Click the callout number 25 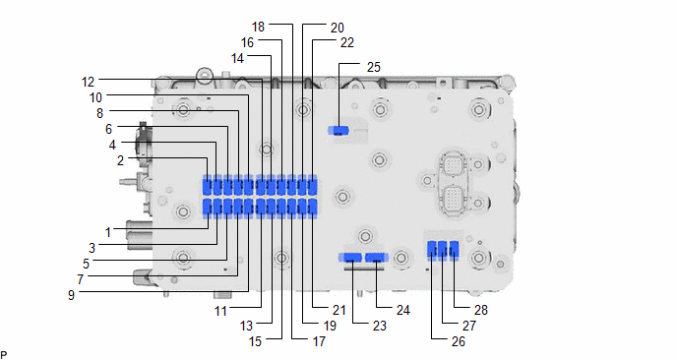[x=374, y=67]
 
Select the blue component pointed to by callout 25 [x=338, y=130]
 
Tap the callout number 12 [x=88, y=82]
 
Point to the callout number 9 [x=71, y=295]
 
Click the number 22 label [x=347, y=42]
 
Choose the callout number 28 [x=480, y=310]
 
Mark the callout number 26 [x=459, y=342]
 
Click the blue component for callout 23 [x=350, y=258]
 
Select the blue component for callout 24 [x=376, y=258]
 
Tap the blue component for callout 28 [x=454, y=250]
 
